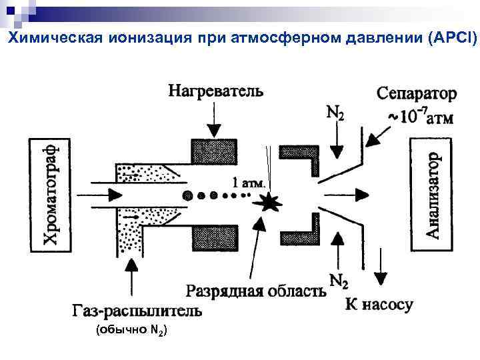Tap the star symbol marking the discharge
269,203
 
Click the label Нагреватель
215,89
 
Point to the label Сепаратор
417,93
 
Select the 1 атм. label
249,182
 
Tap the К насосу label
379,305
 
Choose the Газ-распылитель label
136,311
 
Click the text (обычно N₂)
132,330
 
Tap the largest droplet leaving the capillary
188,195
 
